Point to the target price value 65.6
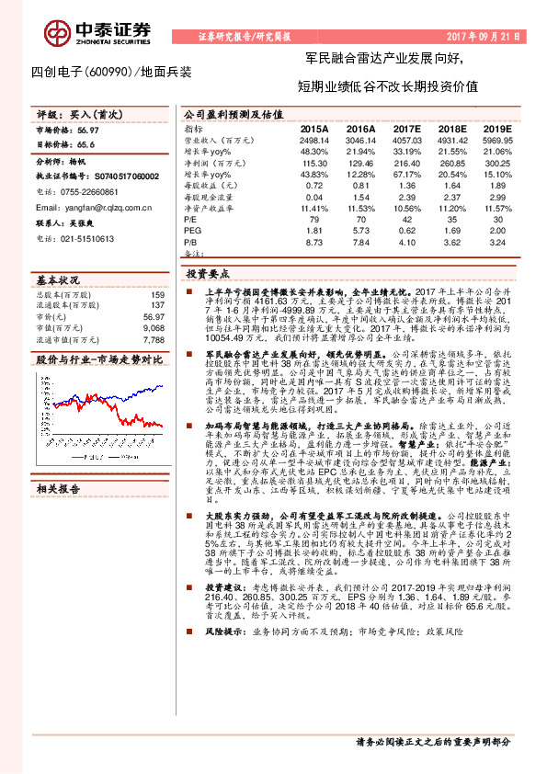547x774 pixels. point(85,144)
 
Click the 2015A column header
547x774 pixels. point(313,130)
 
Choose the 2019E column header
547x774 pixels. point(496,130)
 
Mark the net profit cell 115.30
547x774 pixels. point(313,162)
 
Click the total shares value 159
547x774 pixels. point(157,295)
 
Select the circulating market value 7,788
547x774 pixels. point(154,337)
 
